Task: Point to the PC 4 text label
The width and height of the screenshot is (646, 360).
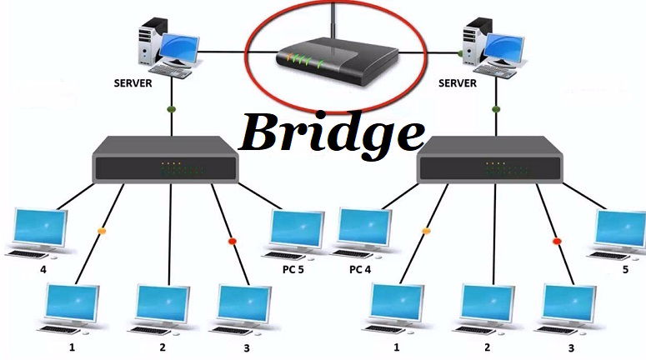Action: (x=360, y=270)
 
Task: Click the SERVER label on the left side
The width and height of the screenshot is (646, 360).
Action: (x=134, y=83)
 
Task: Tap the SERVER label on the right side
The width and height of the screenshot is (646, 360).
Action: (x=458, y=83)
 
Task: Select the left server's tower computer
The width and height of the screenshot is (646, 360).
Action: (x=151, y=42)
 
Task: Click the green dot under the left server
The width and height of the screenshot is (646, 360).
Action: (x=171, y=109)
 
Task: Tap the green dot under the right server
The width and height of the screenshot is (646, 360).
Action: (x=495, y=108)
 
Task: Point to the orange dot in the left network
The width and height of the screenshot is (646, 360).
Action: (x=103, y=230)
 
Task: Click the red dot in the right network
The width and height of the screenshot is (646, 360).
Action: (x=557, y=242)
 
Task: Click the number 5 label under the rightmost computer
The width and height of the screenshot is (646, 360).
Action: (x=623, y=270)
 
